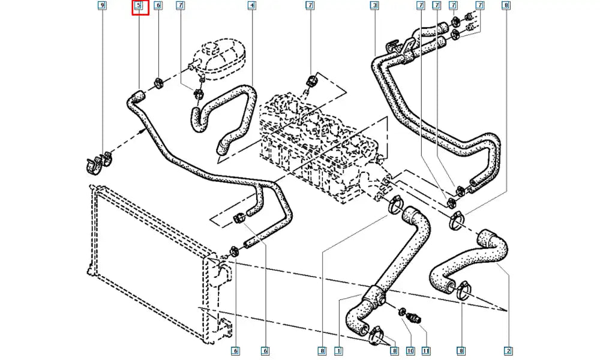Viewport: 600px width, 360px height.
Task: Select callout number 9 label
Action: point(102,6)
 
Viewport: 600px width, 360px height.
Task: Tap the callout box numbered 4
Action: point(252,6)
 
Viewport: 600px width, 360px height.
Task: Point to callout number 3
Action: point(374,6)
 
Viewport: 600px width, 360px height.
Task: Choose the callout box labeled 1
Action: point(338,350)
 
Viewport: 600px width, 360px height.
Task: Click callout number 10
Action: point(410,350)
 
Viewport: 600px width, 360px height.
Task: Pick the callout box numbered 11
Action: point(425,350)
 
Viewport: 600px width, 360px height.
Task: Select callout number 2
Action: point(508,350)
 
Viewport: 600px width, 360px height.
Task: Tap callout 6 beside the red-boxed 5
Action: point(158,6)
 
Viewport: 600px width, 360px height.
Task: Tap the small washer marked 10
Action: point(401,311)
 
